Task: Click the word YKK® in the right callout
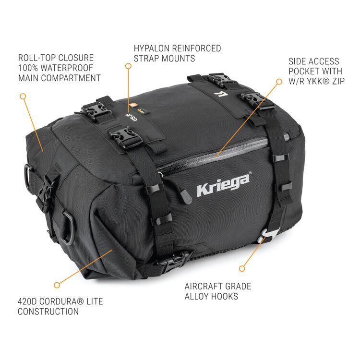coord(318,81)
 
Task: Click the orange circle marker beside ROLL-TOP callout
coord(23,96)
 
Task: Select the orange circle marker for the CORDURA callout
coord(57,284)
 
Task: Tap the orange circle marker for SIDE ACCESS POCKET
coord(279,81)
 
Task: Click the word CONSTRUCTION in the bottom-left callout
coord(48,312)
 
